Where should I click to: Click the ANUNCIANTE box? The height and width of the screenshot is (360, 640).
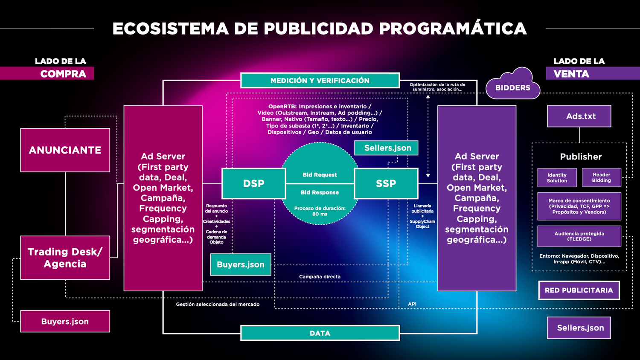click(65, 150)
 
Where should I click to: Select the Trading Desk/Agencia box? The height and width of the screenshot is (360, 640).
click(65, 258)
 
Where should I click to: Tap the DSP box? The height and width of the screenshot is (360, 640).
click(254, 183)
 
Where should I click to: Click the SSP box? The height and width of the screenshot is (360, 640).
click(386, 183)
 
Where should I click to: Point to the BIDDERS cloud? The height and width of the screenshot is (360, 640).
click(513, 84)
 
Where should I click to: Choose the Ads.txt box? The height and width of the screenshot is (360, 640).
click(579, 116)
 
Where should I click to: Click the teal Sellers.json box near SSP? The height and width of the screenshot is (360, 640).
click(386, 148)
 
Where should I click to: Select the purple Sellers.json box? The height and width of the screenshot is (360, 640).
click(579, 328)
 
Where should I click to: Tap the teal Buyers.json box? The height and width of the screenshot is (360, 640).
click(241, 264)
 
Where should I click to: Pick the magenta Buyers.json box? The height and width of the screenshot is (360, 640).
click(65, 322)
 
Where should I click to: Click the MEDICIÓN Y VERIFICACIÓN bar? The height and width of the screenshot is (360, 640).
click(320, 81)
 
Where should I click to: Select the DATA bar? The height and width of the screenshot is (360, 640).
click(320, 333)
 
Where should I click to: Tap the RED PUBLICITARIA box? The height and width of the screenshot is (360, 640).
click(579, 290)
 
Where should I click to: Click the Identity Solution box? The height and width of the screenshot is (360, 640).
click(557, 178)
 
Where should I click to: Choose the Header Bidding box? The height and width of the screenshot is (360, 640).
click(602, 177)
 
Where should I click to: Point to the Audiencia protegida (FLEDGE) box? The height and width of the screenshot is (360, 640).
click(579, 236)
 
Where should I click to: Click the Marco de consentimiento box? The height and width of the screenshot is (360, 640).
click(579, 206)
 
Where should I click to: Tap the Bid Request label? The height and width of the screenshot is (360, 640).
click(320, 175)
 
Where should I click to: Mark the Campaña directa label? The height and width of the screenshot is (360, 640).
click(320, 276)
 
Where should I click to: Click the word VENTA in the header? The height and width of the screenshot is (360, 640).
click(571, 74)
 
